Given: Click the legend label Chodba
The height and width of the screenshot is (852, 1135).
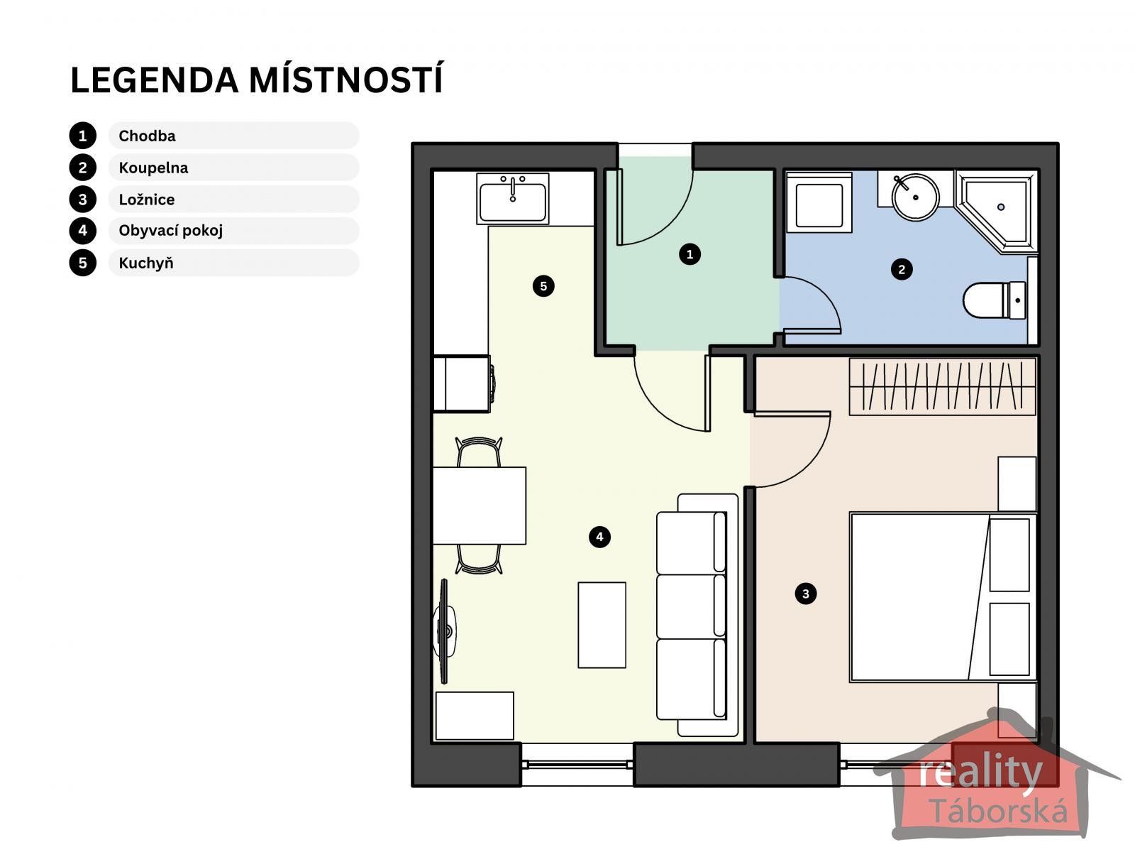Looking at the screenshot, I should click(x=147, y=136).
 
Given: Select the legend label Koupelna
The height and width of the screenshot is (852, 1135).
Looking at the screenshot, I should click(x=153, y=168).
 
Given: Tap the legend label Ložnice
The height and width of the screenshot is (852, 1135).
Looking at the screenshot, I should click(x=146, y=200).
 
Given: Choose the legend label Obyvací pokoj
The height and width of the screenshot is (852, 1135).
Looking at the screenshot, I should click(x=170, y=231).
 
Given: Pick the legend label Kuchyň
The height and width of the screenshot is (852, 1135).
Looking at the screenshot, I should click(x=145, y=263).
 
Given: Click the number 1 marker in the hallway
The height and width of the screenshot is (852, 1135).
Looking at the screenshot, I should click(x=690, y=253).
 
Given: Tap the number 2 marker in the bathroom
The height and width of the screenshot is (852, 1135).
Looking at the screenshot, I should click(x=902, y=269).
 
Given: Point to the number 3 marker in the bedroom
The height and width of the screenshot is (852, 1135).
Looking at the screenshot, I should click(x=805, y=594).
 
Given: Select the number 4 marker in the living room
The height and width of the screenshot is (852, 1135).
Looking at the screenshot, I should click(x=599, y=537).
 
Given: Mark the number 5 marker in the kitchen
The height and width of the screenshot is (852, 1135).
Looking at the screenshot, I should click(x=543, y=286).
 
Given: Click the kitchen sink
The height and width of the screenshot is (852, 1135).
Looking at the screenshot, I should click(x=513, y=200).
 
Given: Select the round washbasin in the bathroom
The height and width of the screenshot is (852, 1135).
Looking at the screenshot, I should click(x=915, y=196).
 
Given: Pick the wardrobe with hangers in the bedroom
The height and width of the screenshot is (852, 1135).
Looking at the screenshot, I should click(x=942, y=386).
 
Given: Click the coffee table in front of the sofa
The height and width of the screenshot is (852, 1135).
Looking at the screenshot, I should click(x=602, y=625).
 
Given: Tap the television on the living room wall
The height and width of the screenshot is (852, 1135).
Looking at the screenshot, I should click(x=445, y=630).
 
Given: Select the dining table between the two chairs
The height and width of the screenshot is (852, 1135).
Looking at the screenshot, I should click(x=480, y=506).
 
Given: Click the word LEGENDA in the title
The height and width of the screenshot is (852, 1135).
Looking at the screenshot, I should click(x=154, y=80).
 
